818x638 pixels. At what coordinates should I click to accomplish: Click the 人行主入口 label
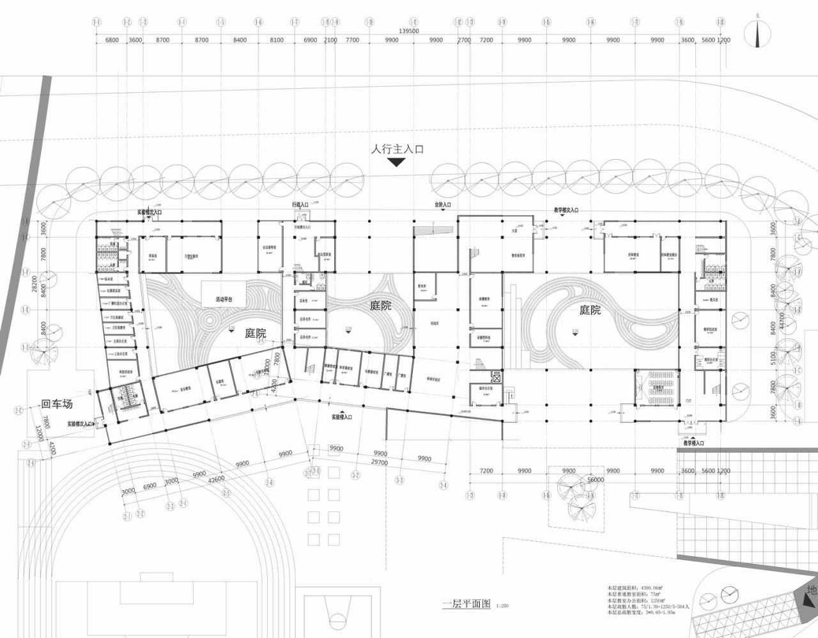click(x=397, y=149)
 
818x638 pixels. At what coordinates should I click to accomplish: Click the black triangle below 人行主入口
click(x=396, y=163)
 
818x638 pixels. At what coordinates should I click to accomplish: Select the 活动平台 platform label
click(x=224, y=299)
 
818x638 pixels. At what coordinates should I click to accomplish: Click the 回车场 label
click(x=57, y=404)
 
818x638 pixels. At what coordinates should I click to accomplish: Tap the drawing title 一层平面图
click(x=467, y=603)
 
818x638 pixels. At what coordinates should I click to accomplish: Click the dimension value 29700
click(x=380, y=462)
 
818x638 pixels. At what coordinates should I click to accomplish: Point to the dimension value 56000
click(x=595, y=479)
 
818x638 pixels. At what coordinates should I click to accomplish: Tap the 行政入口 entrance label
click(x=300, y=205)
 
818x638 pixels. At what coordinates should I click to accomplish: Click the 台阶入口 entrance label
click(x=442, y=205)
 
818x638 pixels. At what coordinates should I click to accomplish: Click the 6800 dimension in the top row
click(x=111, y=40)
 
